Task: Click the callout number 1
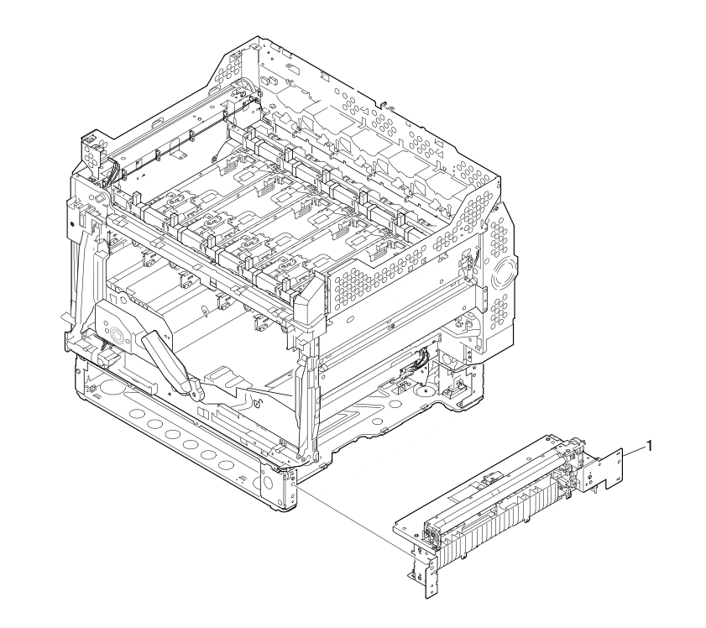(649, 446)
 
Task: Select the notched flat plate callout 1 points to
(609, 469)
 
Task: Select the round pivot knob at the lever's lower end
(195, 393)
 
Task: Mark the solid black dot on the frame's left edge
(71, 223)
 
